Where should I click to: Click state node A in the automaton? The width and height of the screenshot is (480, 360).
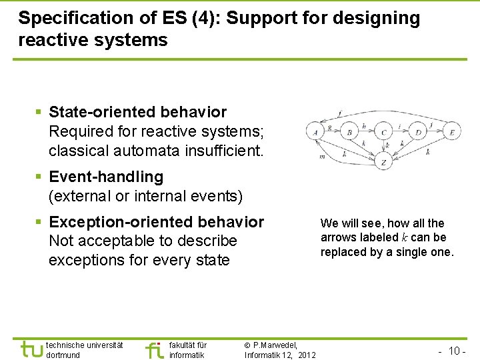coord(315,133)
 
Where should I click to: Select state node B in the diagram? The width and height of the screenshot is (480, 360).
coord(349,133)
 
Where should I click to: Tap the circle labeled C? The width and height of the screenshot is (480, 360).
coord(383,133)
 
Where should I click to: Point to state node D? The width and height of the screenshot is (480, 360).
coord(418,133)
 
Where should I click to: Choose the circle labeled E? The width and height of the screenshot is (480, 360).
coord(451,133)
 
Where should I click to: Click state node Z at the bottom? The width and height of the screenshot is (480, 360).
coord(383,162)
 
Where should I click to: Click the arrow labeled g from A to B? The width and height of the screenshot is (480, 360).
coord(330,126)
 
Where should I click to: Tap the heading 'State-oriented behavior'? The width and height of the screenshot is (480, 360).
coord(137,112)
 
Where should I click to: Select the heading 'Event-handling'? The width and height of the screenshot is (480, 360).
coord(106,177)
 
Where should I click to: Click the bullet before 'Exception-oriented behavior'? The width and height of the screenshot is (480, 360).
coord(39,222)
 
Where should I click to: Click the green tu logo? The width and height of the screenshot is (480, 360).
coord(31,349)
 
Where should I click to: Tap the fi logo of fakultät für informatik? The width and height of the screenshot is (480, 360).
coord(154,349)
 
